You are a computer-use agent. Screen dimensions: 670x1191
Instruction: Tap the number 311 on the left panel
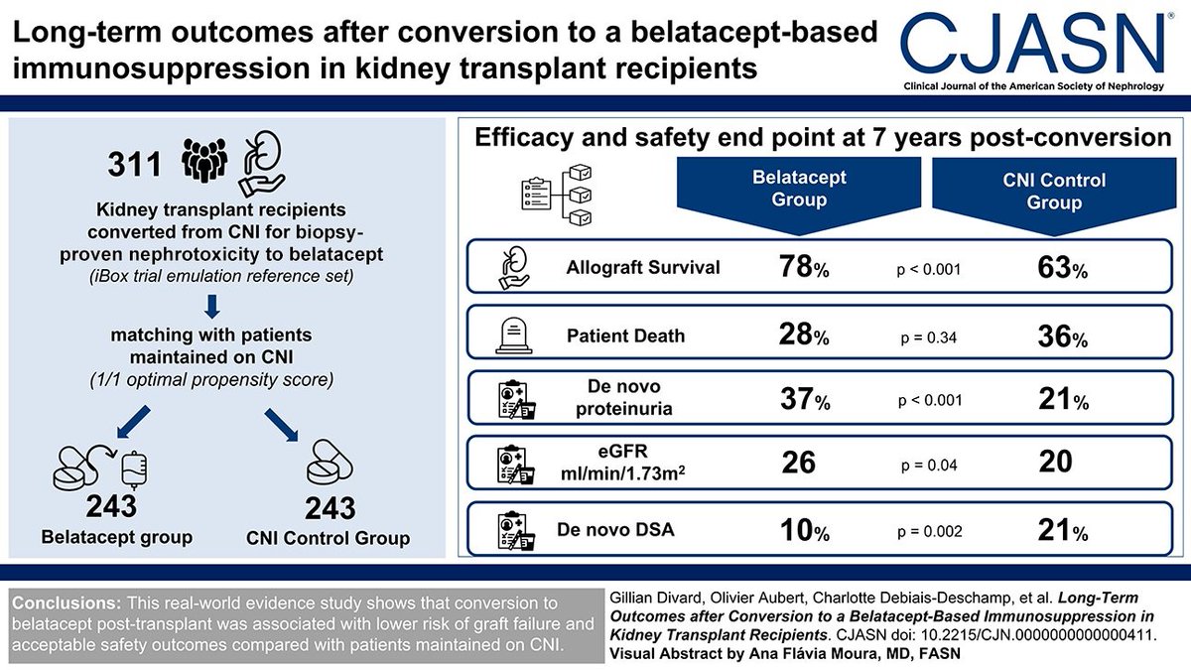134,161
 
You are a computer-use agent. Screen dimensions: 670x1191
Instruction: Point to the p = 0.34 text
925,335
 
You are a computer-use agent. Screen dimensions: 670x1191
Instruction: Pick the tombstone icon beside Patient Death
515,335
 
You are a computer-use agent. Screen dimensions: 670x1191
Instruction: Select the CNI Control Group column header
1054,191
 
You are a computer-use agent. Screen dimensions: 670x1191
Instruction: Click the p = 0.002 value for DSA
928,532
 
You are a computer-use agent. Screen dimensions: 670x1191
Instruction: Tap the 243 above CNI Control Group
330,509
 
